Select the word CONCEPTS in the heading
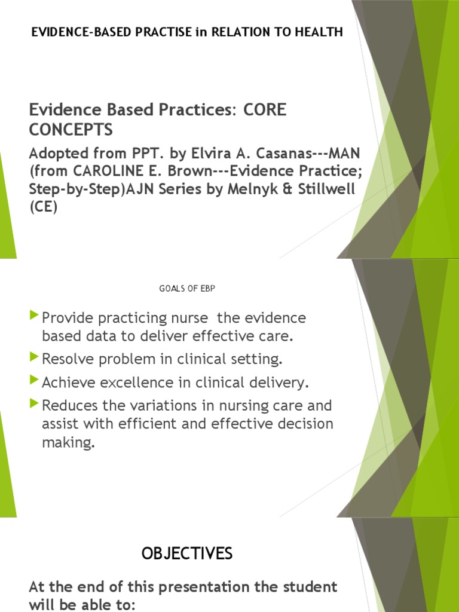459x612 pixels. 71,130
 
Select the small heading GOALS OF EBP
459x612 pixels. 186,289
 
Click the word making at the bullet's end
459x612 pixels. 68,444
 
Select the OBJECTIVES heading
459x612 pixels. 187,554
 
